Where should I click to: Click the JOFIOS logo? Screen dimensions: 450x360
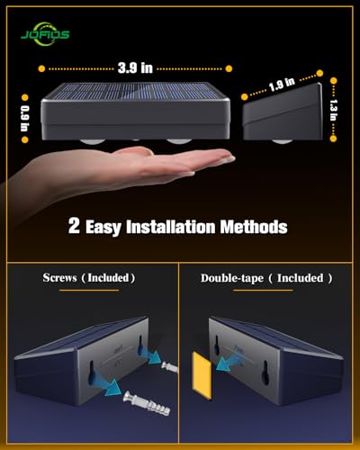point(46,33)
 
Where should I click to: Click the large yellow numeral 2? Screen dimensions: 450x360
point(74,225)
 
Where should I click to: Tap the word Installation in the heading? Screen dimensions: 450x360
point(180,227)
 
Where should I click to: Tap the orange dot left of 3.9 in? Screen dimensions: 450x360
point(41,68)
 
